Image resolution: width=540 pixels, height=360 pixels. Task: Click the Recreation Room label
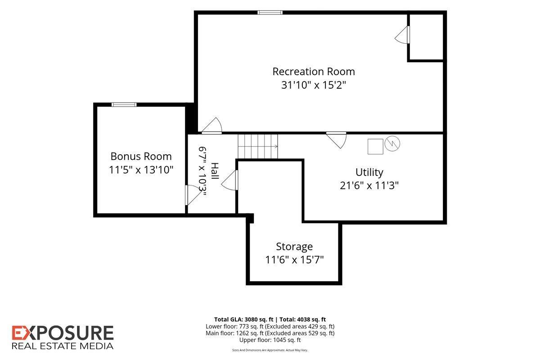314,72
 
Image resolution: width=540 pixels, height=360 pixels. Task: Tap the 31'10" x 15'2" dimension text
314,85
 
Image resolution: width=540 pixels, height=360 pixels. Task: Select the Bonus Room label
141,157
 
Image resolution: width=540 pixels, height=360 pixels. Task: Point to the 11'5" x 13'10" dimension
141,170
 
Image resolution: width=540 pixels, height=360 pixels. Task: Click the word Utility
369,173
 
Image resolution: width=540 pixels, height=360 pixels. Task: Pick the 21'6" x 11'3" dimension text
369,186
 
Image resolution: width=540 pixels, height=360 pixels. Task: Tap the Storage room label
294,247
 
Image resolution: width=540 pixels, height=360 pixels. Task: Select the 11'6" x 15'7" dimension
294,260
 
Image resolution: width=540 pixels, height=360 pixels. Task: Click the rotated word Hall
215,171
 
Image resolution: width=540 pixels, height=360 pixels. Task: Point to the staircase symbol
258,146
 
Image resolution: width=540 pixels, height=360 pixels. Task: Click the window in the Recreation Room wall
270,13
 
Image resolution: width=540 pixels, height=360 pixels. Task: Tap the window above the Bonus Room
124,105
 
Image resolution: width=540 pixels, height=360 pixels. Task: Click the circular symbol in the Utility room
392,144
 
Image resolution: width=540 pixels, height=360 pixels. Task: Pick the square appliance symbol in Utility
375,146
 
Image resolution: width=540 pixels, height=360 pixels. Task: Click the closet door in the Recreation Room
402,35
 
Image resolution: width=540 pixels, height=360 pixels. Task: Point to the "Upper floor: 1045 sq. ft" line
270,340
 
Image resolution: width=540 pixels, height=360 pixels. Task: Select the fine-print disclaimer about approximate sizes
270,350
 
